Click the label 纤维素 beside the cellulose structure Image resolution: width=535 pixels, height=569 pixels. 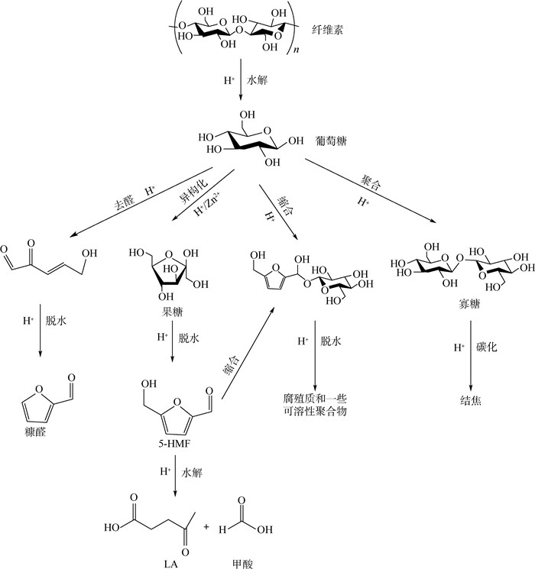click(x=327, y=29)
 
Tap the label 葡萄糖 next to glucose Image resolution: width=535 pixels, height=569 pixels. click(x=330, y=141)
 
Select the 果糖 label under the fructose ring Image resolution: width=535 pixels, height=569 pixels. click(x=172, y=312)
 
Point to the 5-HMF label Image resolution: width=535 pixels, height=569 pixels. click(x=174, y=444)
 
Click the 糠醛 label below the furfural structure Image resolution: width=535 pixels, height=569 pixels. click(x=36, y=432)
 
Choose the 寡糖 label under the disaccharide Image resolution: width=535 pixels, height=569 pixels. click(x=469, y=304)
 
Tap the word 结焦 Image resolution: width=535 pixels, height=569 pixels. click(x=471, y=400)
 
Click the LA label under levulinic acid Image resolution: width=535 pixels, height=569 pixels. click(x=170, y=564)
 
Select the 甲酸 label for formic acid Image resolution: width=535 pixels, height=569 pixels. click(x=242, y=564)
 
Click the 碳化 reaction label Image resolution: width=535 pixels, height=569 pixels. click(x=486, y=348)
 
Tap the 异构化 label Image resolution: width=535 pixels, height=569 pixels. click(x=193, y=190)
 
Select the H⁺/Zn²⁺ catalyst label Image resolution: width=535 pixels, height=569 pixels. click(x=206, y=204)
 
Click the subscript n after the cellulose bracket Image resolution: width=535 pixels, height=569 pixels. click(x=297, y=50)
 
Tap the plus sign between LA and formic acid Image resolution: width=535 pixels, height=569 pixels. click(x=206, y=526)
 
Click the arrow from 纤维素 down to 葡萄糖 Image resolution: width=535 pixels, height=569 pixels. click(x=240, y=79)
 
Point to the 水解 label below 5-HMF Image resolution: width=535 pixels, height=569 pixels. click(x=192, y=472)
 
